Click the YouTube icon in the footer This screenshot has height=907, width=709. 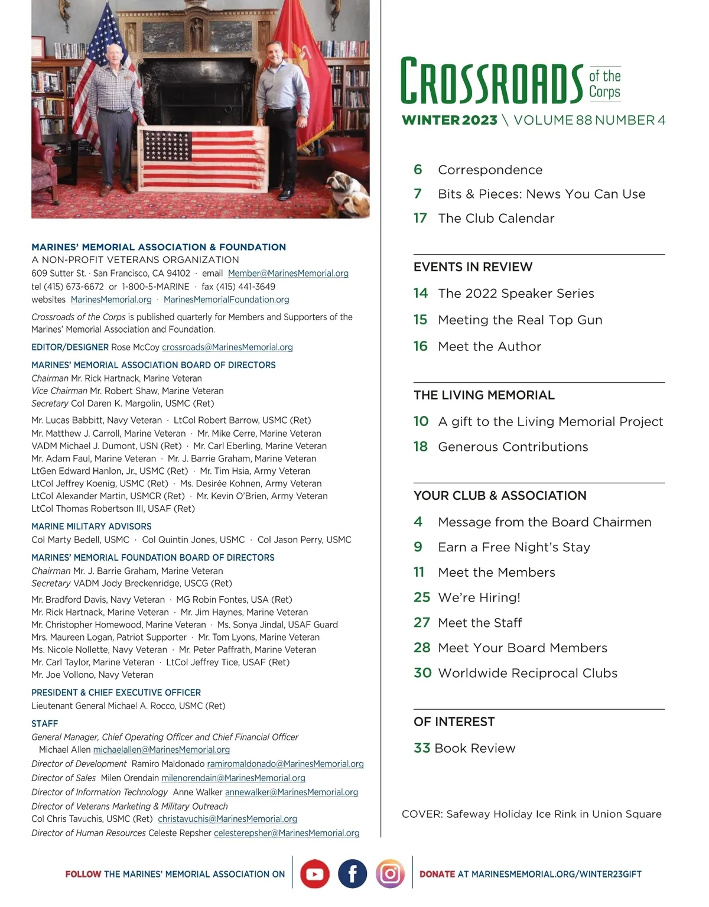coord(314,874)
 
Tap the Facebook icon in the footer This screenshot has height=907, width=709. coord(352,874)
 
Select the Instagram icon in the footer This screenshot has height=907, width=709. coord(390,874)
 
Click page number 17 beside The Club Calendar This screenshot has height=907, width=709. coord(420,218)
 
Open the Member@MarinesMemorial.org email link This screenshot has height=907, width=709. coord(288,274)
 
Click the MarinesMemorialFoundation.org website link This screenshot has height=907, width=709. coord(226,300)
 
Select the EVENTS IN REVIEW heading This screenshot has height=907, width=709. coord(473,267)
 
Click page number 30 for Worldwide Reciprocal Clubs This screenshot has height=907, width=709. coord(422,673)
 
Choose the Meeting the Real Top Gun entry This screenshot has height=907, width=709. coord(520,320)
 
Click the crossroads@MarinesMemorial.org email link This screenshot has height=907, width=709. coord(227,347)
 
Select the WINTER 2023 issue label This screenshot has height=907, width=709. coord(450,120)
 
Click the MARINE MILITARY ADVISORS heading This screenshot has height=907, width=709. coord(92,526)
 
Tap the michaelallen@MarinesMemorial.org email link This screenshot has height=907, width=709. coord(161,750)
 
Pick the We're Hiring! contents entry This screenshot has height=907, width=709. coord(479,597)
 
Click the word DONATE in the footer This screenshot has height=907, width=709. coord(437,874)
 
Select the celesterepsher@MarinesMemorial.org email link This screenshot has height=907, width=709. coord(287,833)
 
